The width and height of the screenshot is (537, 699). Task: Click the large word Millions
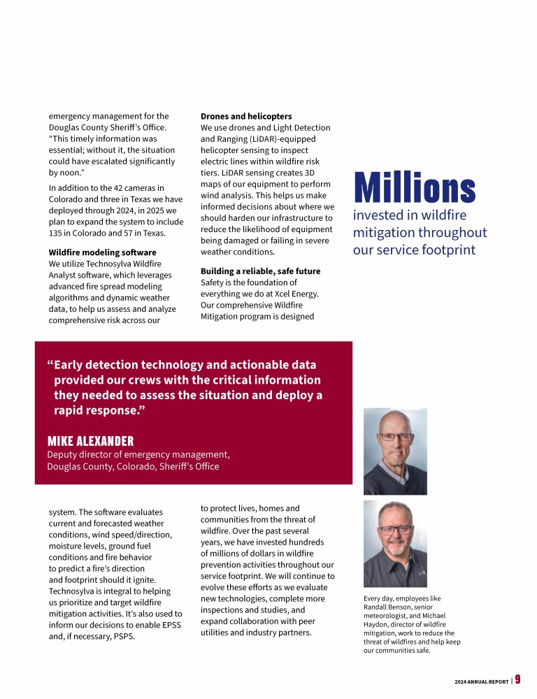coord(414,188)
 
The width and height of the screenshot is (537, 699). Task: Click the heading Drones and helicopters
coord(246,116)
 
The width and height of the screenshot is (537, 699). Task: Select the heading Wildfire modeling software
coord(102,252)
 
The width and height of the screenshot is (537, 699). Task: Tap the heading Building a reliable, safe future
coord(261,271)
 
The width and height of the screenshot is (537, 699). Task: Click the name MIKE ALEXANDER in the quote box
coord(90,441)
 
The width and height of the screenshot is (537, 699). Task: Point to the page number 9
coord(518,679)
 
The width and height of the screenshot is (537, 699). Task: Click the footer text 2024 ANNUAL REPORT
coord(481,681)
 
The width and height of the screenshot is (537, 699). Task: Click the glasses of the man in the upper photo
coord(395,436)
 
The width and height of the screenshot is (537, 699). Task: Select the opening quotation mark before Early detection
coord(50,366)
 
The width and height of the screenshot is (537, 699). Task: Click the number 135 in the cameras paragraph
coord(57,233)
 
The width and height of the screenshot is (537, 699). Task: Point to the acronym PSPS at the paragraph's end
coord(122,636)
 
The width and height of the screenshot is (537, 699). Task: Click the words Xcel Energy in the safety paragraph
coord(296,294)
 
